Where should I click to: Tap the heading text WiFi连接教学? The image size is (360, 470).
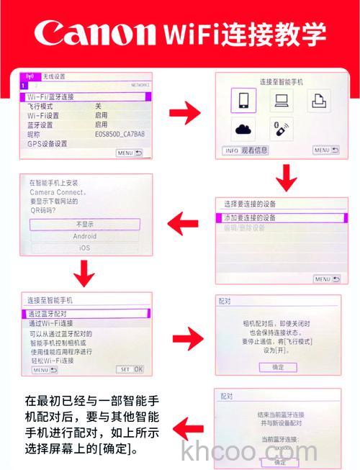pos(245,33)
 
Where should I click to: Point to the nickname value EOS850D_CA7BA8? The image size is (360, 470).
pos(120,134)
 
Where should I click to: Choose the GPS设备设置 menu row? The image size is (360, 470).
pos(48,143)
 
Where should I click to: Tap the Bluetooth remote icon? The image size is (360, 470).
pos(279,130)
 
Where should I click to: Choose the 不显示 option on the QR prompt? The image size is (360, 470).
pos(85,224)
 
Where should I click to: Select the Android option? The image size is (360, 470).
pos(85,236)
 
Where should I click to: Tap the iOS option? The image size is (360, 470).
pos(85,248)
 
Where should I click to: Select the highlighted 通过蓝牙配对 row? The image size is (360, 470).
pos(86,314)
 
